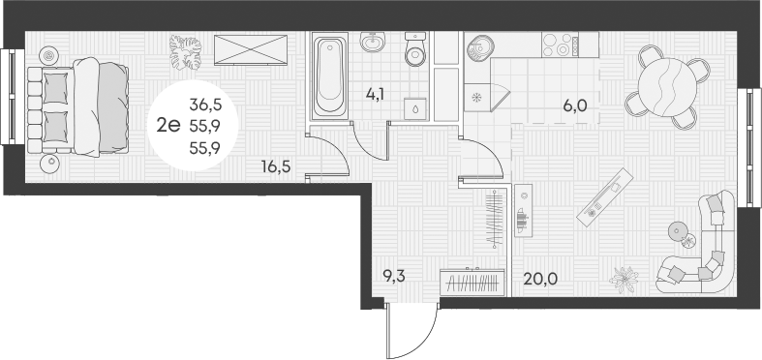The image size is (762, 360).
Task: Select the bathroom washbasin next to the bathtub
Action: (373, 44)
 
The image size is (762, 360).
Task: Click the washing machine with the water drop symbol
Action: (415, 108)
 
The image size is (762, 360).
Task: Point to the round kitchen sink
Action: (480, 45)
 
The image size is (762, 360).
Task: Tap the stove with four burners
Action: (562, 44)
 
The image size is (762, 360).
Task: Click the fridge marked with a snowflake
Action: (477, 98)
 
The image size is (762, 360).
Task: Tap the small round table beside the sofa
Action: (676, 232)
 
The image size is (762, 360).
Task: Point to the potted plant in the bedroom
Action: (186, 52)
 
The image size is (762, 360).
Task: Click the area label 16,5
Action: (275, 165)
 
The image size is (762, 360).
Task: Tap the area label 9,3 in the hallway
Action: (394, 276)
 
